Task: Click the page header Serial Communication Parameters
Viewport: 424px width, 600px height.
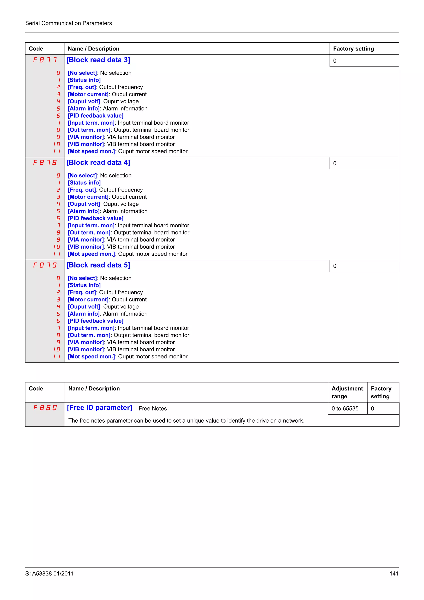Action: [x=69, y=23]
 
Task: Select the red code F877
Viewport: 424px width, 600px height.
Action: [x=45, y=60]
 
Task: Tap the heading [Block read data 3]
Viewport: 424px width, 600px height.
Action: [x=98, y=60]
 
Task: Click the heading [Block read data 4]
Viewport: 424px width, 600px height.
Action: [x=98, y=163]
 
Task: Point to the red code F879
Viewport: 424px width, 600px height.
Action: [x=45, y=265]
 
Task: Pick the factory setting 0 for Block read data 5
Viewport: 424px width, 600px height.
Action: [x=335, y=266]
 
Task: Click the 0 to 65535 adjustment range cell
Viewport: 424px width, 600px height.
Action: [x=345, y=408]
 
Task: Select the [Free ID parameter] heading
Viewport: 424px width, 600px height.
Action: [x=99, y=408]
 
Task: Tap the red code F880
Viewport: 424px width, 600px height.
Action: [x=45, y=408]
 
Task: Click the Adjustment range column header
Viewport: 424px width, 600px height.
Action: [x=347, y=392]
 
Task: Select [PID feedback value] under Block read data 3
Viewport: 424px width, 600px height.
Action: [x=96, y=116]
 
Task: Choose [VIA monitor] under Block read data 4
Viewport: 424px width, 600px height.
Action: [x=86, y=240]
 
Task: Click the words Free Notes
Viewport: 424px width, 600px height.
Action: [x=153, y=408]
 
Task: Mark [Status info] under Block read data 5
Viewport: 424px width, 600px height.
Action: [x=84, y=285]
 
